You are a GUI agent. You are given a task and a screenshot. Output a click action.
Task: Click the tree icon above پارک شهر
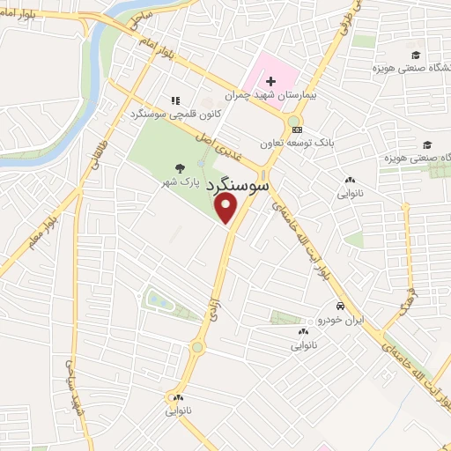point(181,167)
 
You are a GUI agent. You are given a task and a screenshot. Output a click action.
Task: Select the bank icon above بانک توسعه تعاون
point(294,129)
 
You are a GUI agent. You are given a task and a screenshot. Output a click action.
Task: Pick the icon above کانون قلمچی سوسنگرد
point(176,100)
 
